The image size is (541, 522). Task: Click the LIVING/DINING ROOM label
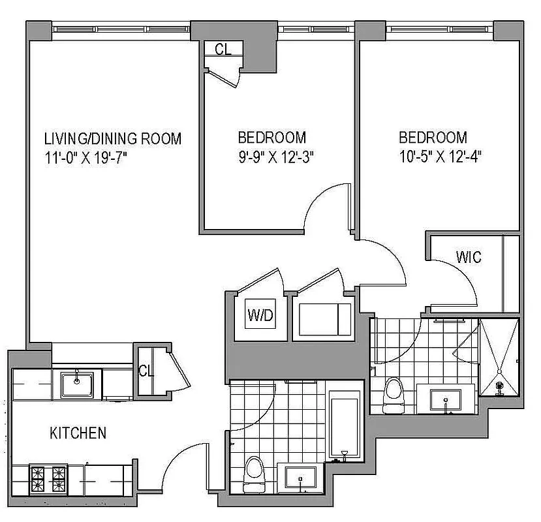112,139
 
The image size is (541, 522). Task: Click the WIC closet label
469,257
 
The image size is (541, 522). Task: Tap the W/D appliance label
259,317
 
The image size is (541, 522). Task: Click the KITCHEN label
78,433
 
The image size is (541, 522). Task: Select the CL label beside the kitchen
146,371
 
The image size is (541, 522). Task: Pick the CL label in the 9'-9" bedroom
223,50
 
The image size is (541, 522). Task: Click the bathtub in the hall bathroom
344,424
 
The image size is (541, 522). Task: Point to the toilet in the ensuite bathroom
394,394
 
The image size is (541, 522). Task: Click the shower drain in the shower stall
501,386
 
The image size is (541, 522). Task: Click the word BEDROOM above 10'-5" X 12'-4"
433,138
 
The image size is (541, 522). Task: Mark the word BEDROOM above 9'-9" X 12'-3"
271,138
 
